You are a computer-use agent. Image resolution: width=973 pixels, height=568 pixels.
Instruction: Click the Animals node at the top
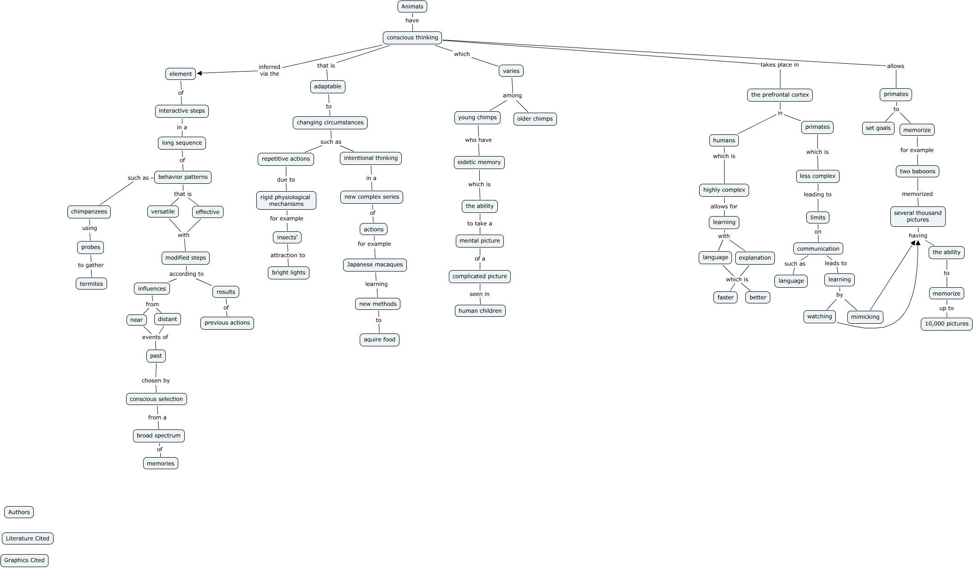point(412,6)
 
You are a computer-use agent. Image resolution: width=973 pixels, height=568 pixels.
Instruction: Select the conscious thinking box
point(412,37)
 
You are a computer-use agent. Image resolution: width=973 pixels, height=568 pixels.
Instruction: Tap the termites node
point(91,284)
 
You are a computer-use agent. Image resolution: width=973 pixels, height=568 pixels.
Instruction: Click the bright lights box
point(288,272)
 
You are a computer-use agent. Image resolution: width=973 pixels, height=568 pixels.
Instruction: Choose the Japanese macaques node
point(375,265)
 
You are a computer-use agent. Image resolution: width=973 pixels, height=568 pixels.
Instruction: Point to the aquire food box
point(379,339)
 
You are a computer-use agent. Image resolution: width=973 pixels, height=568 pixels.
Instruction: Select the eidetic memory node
point(479,162)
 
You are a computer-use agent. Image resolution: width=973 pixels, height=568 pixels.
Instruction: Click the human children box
point(480,311)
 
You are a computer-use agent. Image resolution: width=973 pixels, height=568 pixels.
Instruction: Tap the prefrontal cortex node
point(780,95)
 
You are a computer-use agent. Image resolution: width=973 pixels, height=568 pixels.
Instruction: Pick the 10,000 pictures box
point(946,324)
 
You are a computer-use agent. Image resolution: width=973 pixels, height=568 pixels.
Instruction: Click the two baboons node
point(917,171)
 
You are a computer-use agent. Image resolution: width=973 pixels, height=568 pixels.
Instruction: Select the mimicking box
point(865,317)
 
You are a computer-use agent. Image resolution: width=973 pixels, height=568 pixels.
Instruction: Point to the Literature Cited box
point(27,538)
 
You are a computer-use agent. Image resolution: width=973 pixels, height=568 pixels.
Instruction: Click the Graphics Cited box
point(24,560)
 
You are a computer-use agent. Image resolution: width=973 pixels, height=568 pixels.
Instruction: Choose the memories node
point(160,463)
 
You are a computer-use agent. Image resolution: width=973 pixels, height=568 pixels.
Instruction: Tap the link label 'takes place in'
point(780,65)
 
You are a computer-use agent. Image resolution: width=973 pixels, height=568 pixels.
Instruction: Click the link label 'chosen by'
point(156,381)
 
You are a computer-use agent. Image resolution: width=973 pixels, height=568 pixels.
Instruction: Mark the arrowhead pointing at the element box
point(199,73)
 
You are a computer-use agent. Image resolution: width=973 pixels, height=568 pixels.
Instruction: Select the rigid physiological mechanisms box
point(286,200)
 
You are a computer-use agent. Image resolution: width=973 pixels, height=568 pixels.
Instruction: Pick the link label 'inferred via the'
point(269,70)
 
